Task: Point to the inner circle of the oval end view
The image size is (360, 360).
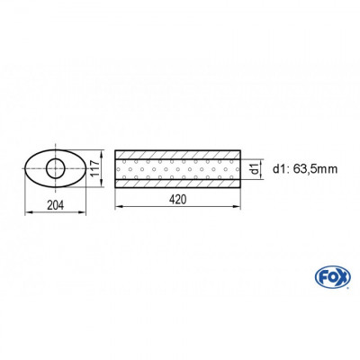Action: point(55,166)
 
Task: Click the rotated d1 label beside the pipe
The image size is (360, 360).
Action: point(255,166)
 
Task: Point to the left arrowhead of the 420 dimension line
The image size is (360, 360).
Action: point(117,207)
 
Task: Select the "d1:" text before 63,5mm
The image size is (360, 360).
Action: point(279,166)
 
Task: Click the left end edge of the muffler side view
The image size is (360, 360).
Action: point(115,166)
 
